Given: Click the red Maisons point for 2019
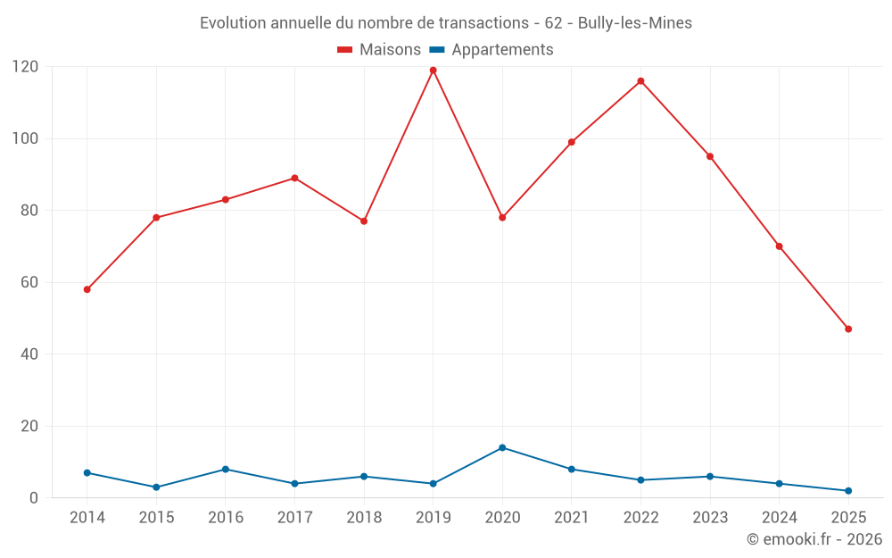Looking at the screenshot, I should coord(433,71).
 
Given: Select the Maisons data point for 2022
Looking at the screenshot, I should coord(640,81).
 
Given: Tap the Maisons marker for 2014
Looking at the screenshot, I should coord(87,289).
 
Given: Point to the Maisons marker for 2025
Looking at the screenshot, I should coord(848,329).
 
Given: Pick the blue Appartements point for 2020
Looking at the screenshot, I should coord(502,447).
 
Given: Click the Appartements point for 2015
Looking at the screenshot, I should coord(156,487).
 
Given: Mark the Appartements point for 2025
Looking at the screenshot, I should coord(848,491).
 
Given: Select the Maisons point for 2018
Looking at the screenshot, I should coord(364,221).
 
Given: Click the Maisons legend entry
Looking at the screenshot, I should coord(379,50).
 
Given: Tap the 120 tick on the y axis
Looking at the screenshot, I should coord(25,67).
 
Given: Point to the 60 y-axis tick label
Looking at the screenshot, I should coord(29,282).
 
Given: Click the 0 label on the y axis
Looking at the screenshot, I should coord(34,497).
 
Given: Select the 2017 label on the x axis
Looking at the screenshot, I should coord(294,518).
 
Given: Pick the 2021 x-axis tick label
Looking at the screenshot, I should coord(572,518).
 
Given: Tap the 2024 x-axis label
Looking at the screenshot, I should coord(779,518).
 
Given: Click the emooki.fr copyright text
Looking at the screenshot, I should coord(814,539).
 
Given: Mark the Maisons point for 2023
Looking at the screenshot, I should coord(710,156).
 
